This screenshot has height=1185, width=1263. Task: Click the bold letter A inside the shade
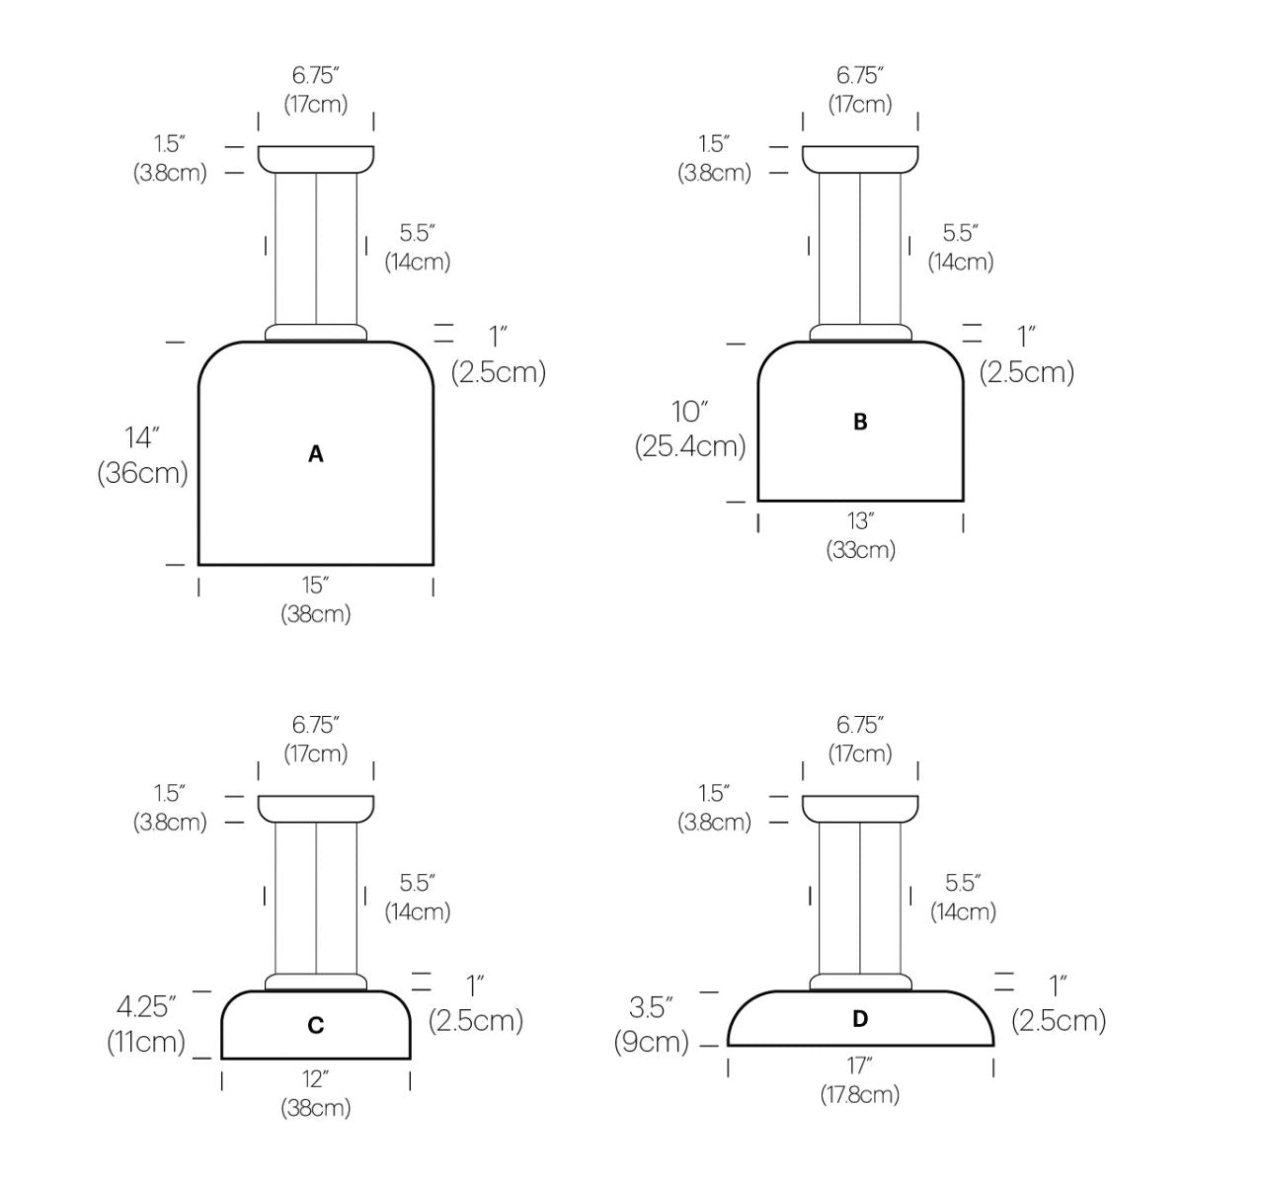(315, 454)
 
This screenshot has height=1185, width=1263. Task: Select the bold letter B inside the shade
(860, 422)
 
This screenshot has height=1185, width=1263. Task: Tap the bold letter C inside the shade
(315, 1025)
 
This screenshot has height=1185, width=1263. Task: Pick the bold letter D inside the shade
(860, 1019)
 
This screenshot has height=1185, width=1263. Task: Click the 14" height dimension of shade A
(141, 437)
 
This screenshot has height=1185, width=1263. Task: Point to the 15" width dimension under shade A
(315, 586)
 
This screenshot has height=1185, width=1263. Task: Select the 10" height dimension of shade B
(689, 412)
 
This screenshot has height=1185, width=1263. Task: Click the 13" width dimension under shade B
(860, 521)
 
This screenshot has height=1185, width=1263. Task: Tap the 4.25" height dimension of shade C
(145, 1007)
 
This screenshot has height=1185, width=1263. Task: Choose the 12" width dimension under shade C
(315, 1079)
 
